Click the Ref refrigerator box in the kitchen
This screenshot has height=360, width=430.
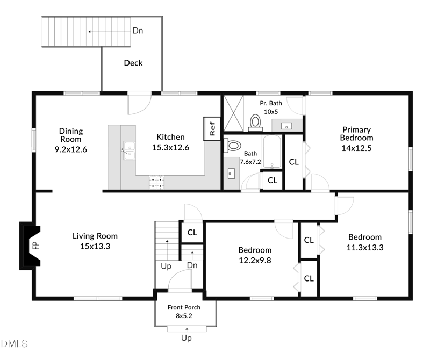212,128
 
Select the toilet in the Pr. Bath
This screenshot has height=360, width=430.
255,123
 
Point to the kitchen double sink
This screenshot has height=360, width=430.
128,150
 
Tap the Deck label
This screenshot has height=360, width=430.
133,63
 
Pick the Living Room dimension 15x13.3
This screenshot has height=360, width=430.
95,247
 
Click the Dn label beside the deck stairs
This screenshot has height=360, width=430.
138,31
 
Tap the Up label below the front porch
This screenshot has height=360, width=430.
186,339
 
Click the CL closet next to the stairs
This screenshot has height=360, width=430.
192,233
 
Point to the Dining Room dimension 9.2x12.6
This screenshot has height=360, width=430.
71,149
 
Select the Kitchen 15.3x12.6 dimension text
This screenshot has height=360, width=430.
170,147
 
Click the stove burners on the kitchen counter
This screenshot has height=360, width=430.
156,183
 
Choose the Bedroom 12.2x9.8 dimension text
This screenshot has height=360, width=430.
255,260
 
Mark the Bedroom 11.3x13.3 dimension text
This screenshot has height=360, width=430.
365,247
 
